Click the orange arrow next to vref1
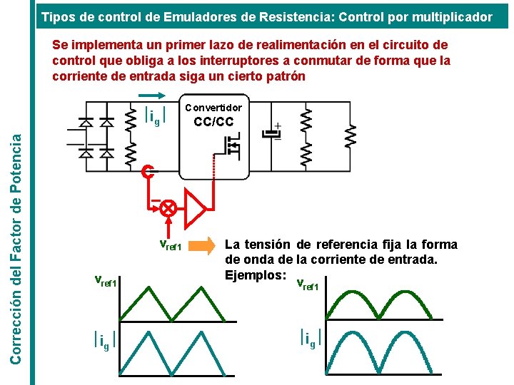pyautogui.click(x=209, y=247)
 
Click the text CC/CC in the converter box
pyautogui.click(x=213, y=122)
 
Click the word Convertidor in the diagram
pyautogui.click(x=213, y=108)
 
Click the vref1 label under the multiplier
pyautogui.click(x=170, y=247)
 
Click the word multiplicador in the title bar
pyautogui.click(x=453, y=16)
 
